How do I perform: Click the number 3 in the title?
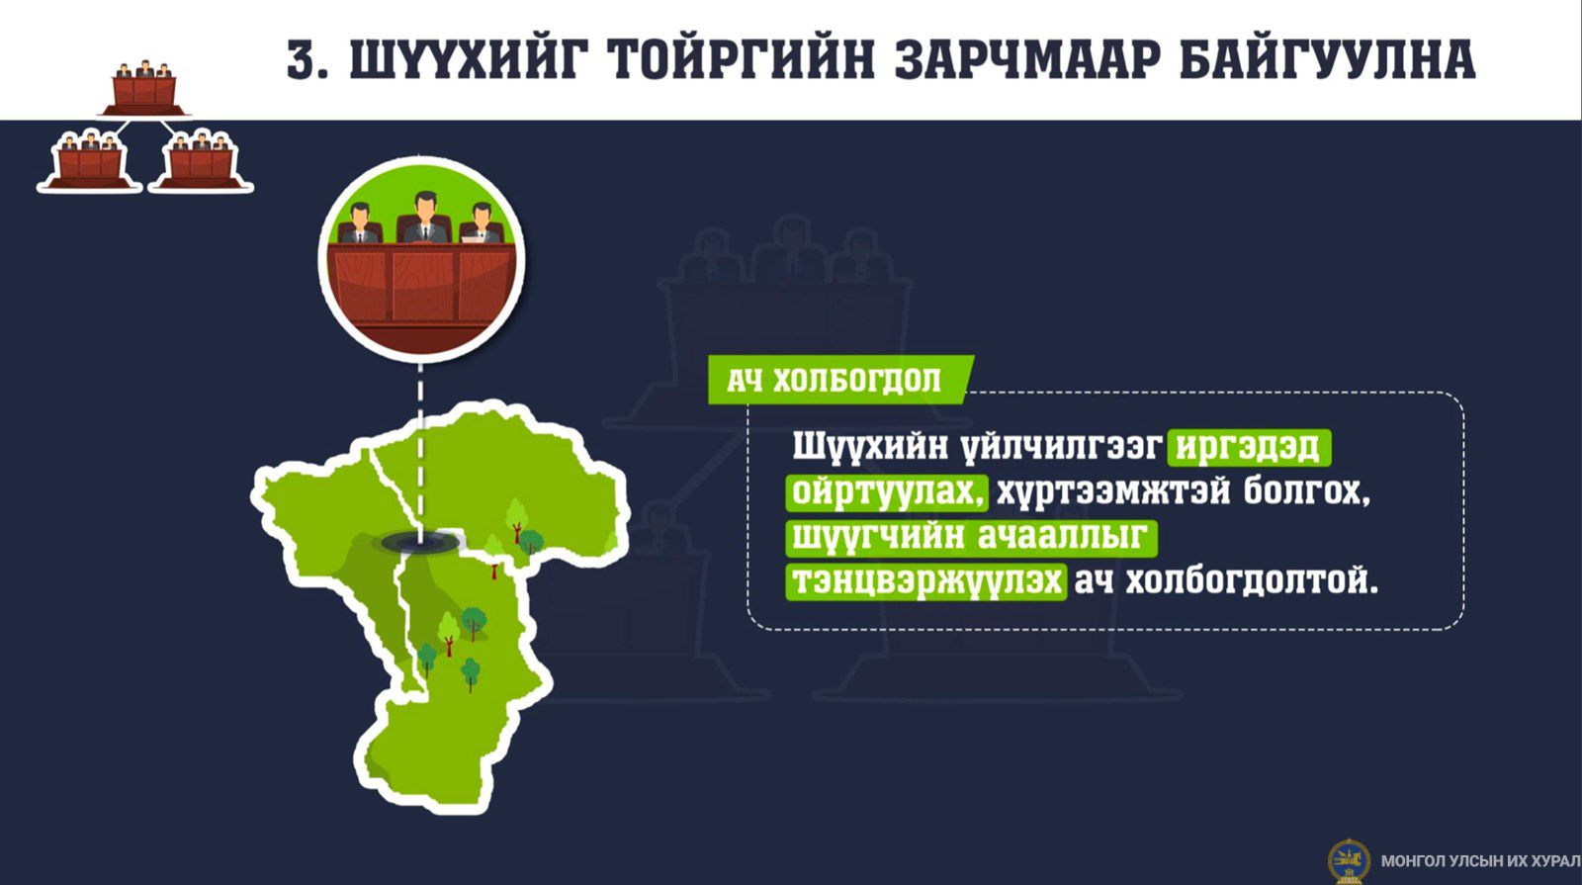pos(303,58)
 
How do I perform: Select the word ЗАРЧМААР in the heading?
pos(1027,58)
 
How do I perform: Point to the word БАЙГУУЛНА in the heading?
pos(1328,58)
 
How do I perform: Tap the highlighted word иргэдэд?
pos(1248,447)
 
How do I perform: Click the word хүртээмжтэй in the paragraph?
pos(1113,491)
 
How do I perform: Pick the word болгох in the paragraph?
pos(1306,491)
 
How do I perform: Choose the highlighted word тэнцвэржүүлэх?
pos(926,581)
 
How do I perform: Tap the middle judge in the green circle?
pos(424,218)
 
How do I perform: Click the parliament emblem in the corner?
pos(1349,861)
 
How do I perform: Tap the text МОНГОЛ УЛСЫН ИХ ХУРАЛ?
pos(1480,861)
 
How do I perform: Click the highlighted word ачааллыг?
pos(1064,537)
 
